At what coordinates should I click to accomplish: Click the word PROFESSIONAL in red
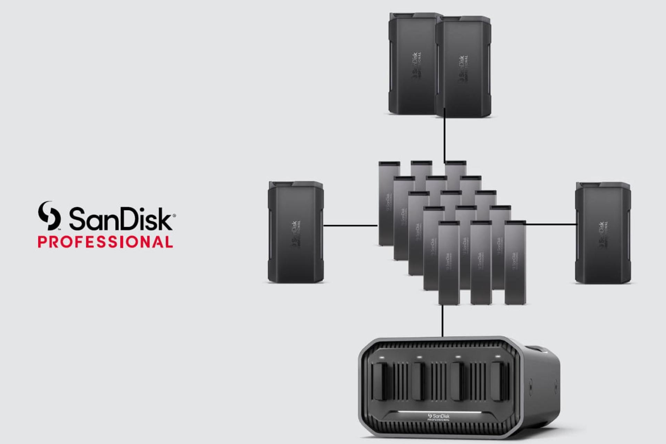pyautogui.click(x=105, y=242)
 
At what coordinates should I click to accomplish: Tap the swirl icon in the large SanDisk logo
pyautogui.click(x=49, y=216)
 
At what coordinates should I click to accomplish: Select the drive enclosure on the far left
pyautogui.click(x=296, y=231)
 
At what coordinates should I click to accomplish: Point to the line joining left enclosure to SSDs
pyautogui.click(x=350, y=226)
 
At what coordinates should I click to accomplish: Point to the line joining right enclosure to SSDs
pyautogui.click(x=551, y=224)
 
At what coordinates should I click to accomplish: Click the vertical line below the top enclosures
pyautogui.click(x=444, y=139)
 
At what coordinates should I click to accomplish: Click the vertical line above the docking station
pyautogui.click(x=442, y=321)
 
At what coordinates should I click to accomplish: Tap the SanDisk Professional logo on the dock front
pyautogui.click(x=439, y=417)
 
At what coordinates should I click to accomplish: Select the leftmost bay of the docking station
pyautogui.click(x=380, y=382)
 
